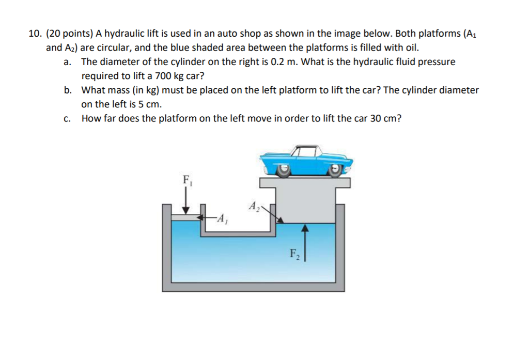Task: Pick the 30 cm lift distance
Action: click(386, 118)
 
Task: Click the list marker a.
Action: click(67, 62)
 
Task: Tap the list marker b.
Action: click(68, 90)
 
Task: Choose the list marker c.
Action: click(67, 118)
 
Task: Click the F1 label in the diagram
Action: click(186, 180)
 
